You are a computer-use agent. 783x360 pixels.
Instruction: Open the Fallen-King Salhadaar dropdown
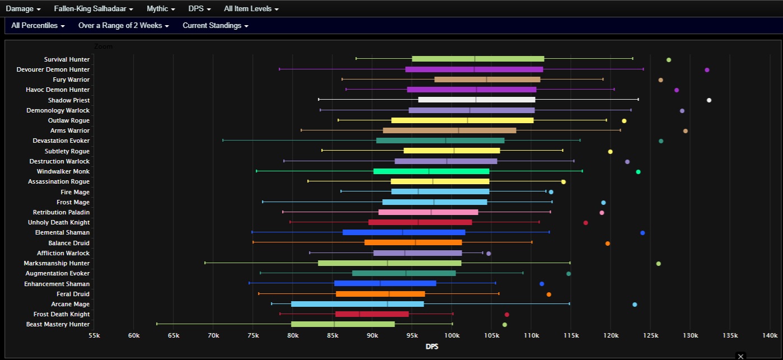point(93,9)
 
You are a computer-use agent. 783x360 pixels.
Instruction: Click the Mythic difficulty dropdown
point(161,9)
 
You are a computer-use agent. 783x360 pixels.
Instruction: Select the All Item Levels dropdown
point(251,9)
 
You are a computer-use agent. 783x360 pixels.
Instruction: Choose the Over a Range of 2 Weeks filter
point(123,26)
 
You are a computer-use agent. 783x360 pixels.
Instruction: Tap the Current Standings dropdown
point(215,26)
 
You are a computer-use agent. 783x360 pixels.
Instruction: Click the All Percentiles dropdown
point(37,26)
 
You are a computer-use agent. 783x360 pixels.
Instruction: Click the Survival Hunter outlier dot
point(668,60)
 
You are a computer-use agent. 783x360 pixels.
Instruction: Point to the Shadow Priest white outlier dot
point(709,100)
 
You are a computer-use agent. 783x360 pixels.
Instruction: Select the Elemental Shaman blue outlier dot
point(643,233)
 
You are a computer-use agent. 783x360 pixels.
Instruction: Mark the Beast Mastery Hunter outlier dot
point(505,325)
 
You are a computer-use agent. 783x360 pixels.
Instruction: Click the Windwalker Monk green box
point(431,171)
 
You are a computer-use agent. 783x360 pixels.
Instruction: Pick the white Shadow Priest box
point(476,100)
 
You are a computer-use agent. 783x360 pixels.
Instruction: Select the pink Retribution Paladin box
point(428,212)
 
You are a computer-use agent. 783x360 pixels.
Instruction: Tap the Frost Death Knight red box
point(372,314)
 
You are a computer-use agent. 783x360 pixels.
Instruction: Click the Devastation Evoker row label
point(61,141)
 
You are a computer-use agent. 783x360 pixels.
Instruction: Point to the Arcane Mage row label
point(70,304)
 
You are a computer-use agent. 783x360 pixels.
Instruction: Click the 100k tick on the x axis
point(452,335)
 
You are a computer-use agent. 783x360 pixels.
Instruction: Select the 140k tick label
point(770,335)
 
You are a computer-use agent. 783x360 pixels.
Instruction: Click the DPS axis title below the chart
point(432,347)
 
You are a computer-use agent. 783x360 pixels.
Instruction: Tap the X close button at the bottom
point(740,356)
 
